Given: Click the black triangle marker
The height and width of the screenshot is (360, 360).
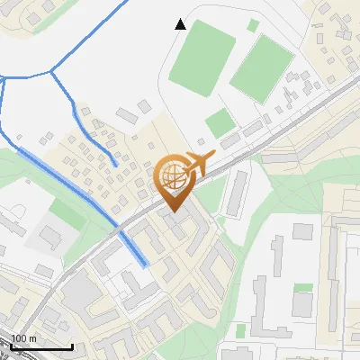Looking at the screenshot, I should (181, 24).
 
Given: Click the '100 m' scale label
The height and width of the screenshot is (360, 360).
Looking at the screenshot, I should (24, 339).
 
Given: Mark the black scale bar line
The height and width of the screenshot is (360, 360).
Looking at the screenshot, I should (41, 346).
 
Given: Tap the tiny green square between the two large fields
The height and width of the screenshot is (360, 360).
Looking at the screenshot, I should (254, 25).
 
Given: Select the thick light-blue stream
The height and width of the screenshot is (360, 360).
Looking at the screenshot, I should (81, 193).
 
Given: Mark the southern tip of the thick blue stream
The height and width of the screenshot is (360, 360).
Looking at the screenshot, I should (145, 265).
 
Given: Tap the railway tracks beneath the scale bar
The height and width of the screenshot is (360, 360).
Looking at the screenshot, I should (36, 355).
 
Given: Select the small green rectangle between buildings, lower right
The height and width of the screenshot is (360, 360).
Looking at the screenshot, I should (303, 289).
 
